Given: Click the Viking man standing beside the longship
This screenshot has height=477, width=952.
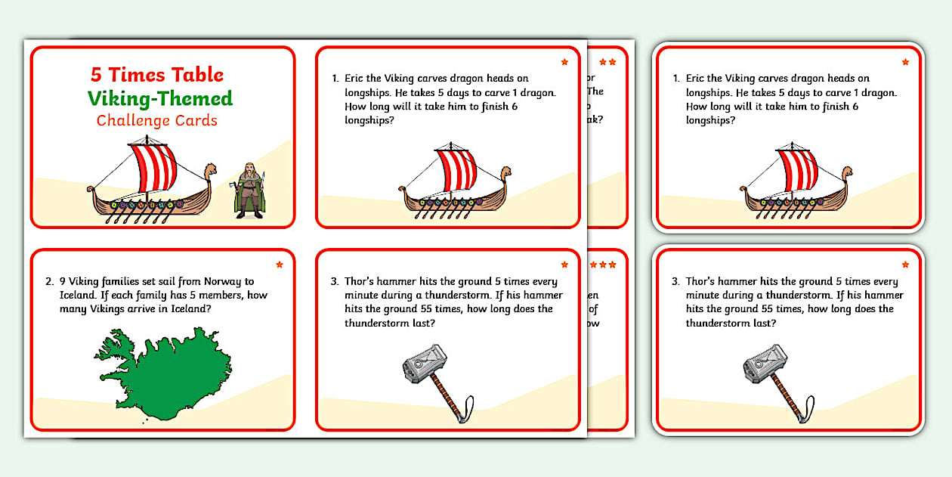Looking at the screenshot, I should [x=248, y=190].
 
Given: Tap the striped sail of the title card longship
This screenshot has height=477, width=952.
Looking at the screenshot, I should [x=154, y=166].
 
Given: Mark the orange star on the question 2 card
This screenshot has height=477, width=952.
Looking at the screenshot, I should [x=280, y=265].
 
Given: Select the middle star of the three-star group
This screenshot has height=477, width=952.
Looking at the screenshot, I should [x=603, y=265].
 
